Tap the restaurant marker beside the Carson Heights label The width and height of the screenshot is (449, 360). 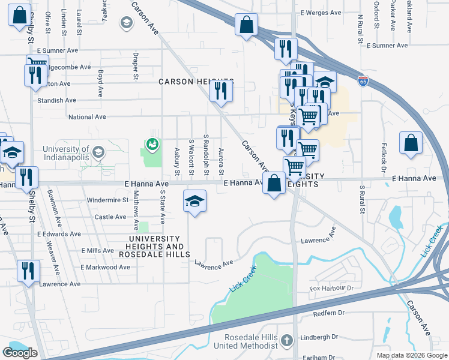coord(220,91)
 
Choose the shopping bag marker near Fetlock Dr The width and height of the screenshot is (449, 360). coord(411,144)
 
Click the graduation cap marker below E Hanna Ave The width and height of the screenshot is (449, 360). coord(194,202)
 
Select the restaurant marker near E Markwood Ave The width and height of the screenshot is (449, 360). coord(28,271)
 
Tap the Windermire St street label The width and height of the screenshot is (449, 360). coord(108,199)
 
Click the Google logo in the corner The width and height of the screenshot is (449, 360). coord(20,353)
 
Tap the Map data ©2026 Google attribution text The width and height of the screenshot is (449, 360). coord(412,355)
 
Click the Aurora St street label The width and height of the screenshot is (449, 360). coord(221,162)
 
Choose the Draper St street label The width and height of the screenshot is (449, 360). coord(136,69)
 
